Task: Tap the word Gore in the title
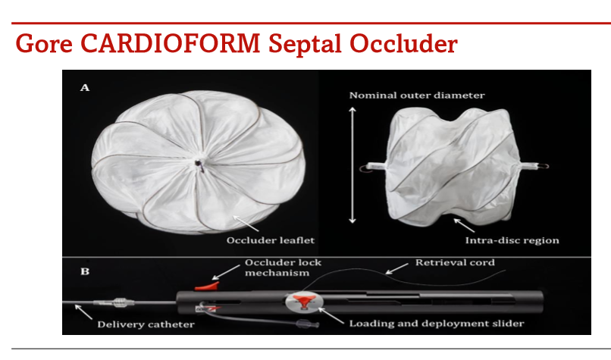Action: (45, 43)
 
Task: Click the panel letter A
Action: (85, 88)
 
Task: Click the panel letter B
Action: (85, 269)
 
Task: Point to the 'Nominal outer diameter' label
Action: (416, 95)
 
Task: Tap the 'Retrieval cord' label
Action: (455, 263)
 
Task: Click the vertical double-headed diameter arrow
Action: (351, 165)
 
